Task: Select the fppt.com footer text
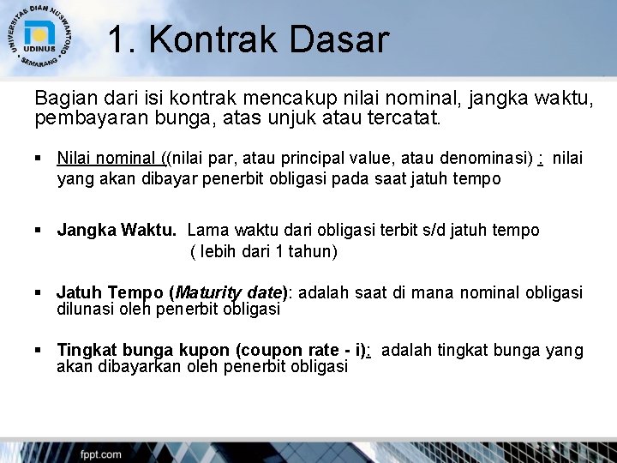pos(100,454)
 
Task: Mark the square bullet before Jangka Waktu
pos(39,231)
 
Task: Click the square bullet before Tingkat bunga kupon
pos(39,350)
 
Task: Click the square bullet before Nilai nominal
pos(39,159)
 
